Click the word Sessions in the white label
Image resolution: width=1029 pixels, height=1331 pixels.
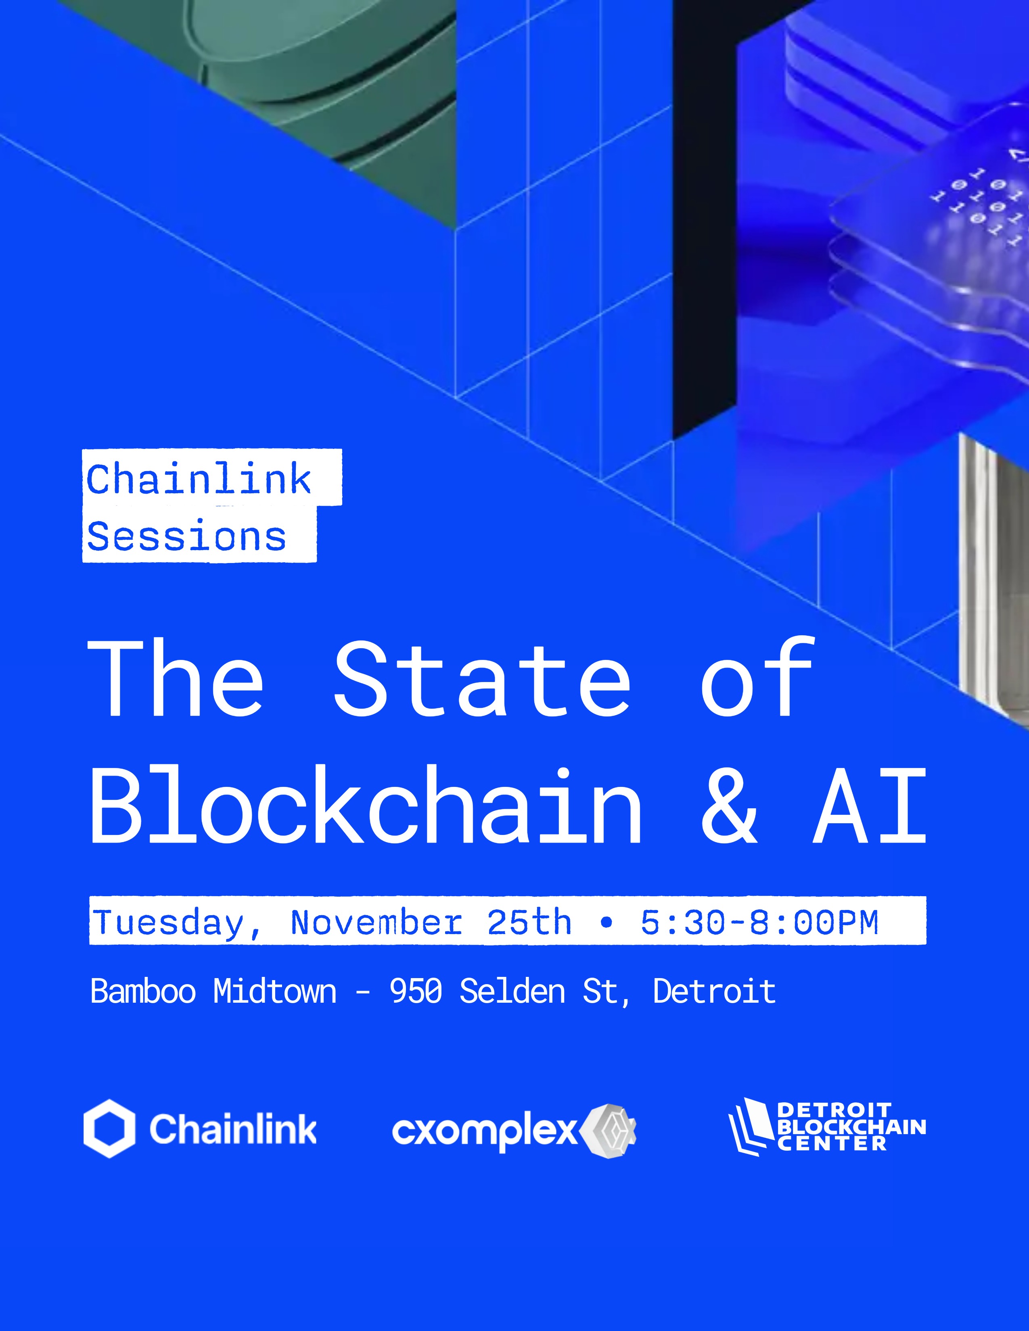(186, 536)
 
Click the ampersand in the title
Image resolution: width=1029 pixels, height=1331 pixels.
(730, 806)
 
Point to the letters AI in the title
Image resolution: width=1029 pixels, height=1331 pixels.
(869, 806)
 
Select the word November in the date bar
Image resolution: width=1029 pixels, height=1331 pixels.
(376, 922)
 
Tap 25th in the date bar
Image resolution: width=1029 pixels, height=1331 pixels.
(529, 922)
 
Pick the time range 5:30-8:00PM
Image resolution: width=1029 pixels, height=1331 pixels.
(759, 922)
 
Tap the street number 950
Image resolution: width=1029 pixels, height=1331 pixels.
(416, 991)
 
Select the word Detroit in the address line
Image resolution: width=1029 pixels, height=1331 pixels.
(714, 991)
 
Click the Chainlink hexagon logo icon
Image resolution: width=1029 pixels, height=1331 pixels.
(109, 1129)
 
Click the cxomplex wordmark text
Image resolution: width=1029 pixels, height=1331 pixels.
(485, 1132)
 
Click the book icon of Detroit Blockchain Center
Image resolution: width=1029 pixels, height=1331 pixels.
(751, 1127)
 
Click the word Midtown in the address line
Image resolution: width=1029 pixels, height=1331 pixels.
(275, 991)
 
